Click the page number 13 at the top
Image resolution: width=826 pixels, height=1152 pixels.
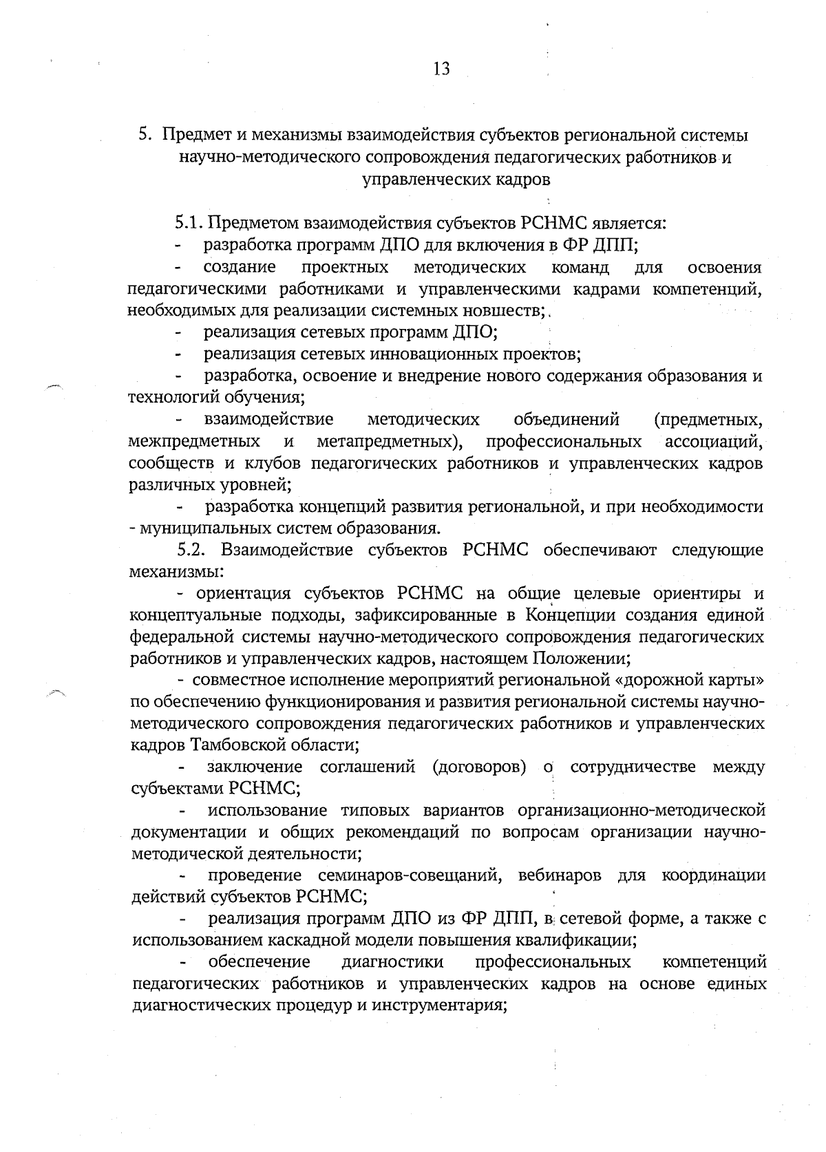click(x=441, y=70)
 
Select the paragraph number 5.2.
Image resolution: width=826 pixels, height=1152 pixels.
click(x=193, y=550)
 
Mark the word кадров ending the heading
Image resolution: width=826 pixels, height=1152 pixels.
click(x=524, y=180)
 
